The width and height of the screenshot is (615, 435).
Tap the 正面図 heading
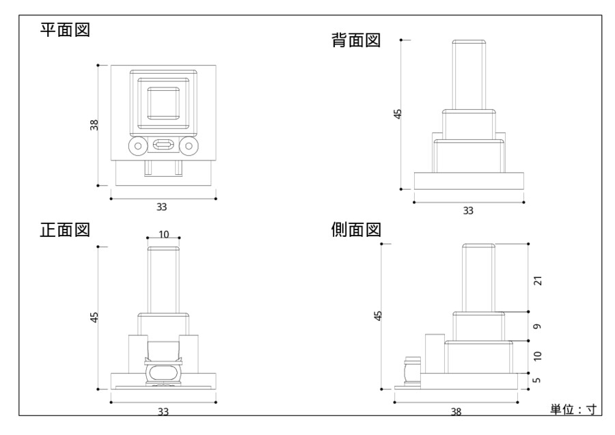pos(65,229)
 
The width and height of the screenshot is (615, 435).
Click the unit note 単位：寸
pos(573,409)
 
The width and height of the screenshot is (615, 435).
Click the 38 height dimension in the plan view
pos(95,125)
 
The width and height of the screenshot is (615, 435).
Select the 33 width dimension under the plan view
pos(163,206)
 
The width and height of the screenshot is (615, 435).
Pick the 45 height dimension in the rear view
pos(398,113)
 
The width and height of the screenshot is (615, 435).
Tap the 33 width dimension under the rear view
pos(468,210)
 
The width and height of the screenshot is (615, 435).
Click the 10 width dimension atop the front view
pos(164,234)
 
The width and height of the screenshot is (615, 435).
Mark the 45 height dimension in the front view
pos(95,317)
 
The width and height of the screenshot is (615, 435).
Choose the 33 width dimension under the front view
pos(163,411)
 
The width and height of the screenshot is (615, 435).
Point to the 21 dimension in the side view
pos(538,280)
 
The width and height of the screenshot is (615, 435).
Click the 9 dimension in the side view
pos(538,327)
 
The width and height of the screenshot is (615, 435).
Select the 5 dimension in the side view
pos(538,380)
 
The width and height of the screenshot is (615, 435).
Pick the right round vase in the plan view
pos(189,145)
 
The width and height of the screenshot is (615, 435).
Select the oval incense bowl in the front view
pos(163,373)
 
